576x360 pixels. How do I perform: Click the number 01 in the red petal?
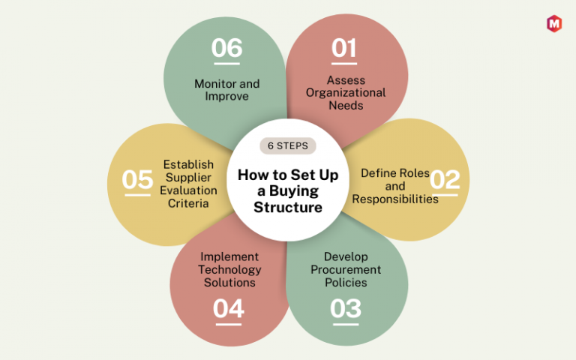(343, 48)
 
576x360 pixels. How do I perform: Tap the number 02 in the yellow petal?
(445, 180)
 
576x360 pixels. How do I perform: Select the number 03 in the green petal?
(346, 308)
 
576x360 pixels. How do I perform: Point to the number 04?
(229, 308)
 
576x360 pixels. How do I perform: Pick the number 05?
(137, 180)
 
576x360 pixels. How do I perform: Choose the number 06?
(227, 48)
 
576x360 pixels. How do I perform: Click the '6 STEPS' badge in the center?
(288, 145)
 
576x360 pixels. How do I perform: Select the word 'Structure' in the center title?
(288, 207)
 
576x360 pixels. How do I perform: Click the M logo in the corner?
(554, 24)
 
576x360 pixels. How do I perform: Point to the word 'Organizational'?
(346, 93)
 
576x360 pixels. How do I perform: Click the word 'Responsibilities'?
(395, 199)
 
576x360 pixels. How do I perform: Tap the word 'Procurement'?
(346, 270)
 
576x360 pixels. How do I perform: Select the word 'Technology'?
(229, 270)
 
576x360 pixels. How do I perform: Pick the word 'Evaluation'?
(188, 190)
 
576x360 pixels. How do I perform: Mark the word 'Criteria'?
(188, 203)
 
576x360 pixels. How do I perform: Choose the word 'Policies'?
(346, 283)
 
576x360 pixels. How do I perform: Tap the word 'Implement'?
(229, 256)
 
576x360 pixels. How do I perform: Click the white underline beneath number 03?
(346, 324)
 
